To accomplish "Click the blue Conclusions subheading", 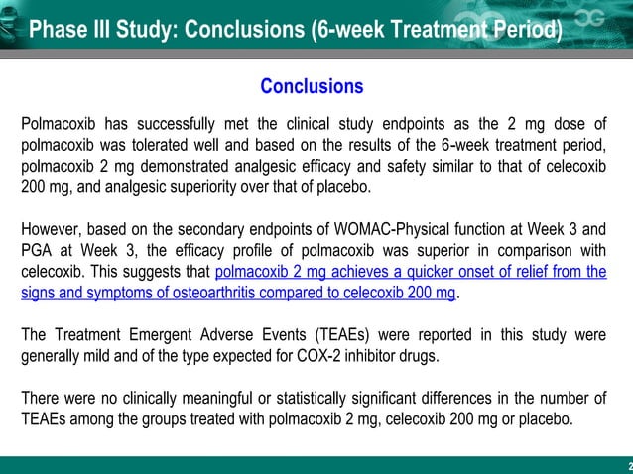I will point(311,87).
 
